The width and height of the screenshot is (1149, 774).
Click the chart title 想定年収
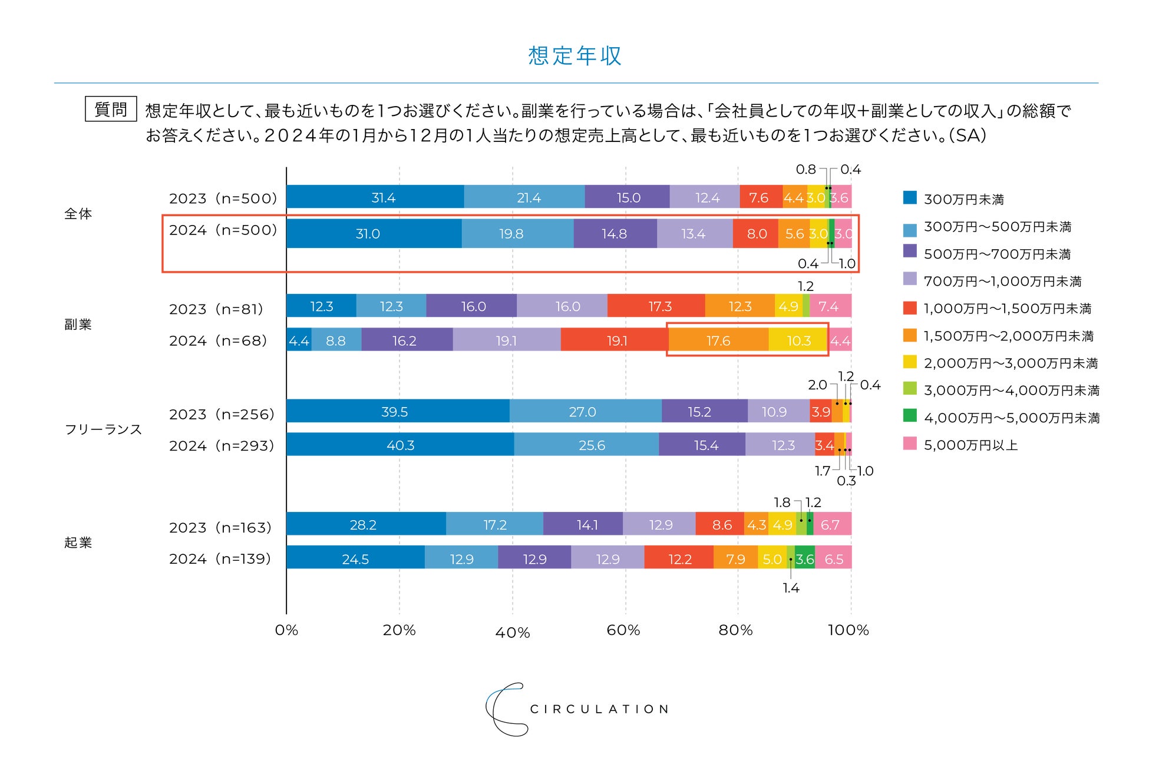tap(574, 56)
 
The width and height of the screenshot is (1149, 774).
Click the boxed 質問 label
tap(111, 110)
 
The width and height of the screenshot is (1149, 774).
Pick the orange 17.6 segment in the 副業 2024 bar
tap(718, 340)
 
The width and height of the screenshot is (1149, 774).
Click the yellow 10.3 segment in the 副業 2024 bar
tap(798, 340)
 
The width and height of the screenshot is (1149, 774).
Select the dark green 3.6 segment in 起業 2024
tap(805, 558)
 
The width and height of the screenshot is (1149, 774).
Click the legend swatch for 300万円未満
tap(910, 198)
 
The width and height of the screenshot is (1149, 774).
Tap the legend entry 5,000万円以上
tap(970, 445)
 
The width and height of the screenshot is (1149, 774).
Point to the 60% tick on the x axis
tap(623, 630)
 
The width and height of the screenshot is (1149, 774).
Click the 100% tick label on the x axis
tap(848, 630)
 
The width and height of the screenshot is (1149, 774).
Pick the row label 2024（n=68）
tap(219, 340)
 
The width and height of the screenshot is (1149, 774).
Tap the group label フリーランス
tap(103, 429)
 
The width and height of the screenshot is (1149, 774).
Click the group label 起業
tap(78, 542)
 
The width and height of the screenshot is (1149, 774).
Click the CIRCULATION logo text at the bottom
tap(599, 709)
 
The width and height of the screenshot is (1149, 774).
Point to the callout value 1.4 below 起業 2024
tap(791, 588)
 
